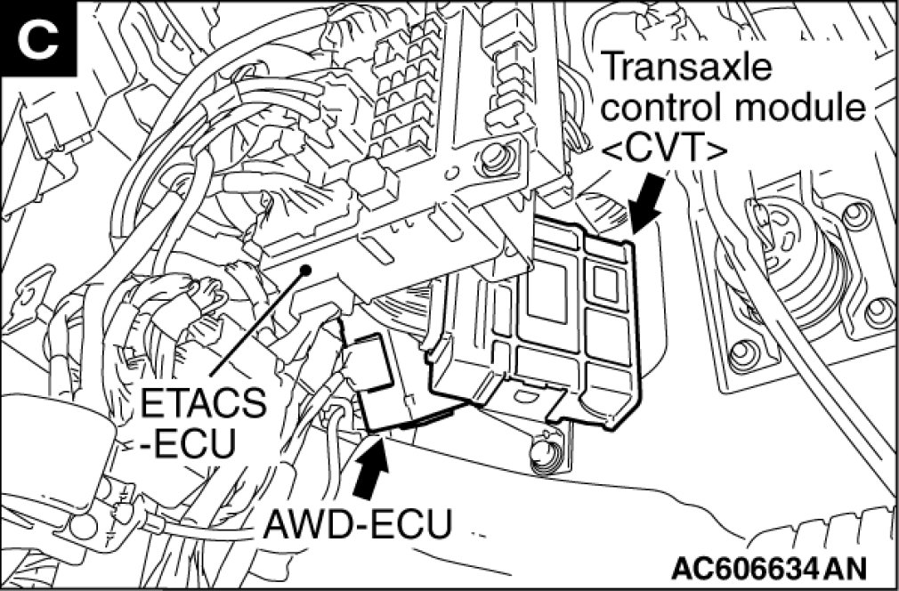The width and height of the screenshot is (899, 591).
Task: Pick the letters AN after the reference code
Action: click(x=845, y=567)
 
